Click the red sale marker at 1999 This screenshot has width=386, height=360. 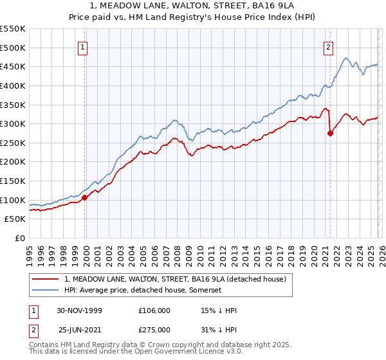pyautogui.click(x=85, y=197)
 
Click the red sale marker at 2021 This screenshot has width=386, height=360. pyautogui.click(x=330, y=134)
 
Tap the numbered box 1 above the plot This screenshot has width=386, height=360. pyautogui.click(x=84, y=46)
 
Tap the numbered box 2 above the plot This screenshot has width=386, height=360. pyautogui.click(x=329, y=46)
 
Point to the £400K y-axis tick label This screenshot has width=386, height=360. pyautogui.click(x=13, y=85)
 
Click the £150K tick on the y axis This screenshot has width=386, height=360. pyautogui.click(x=13, y=181)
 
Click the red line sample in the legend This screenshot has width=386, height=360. pyautogui.click(x=46, y=279)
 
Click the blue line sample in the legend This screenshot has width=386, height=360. pyautogui.click(x=46, y=291)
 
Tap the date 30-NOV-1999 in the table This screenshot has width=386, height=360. pyautogui.click(x=79, y=310)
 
